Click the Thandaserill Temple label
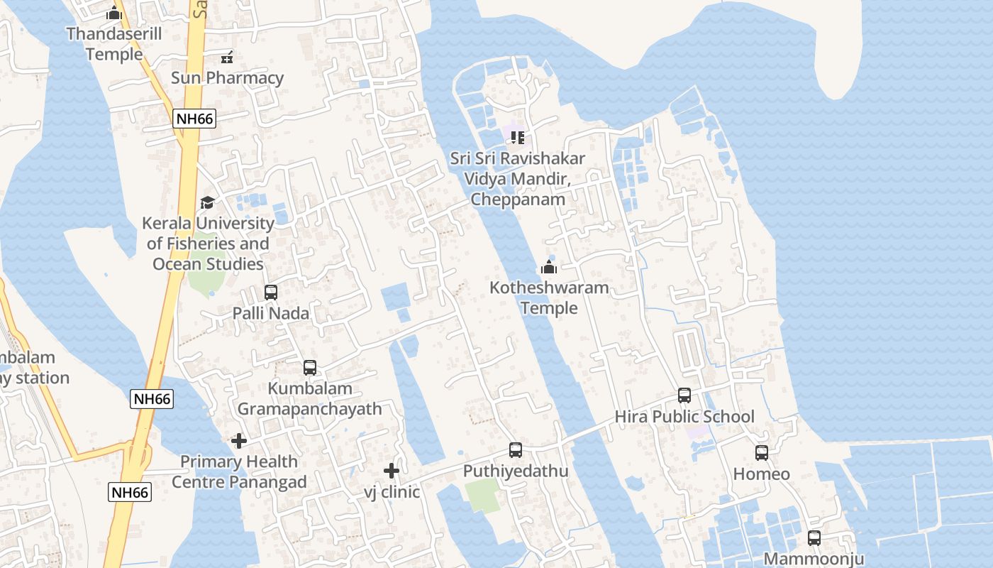point(114,43)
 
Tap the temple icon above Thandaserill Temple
point(114,13)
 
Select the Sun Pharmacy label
point(227,77)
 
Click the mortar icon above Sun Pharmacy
point(227,57)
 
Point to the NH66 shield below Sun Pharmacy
point(194,119)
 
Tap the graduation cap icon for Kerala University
point(207,203)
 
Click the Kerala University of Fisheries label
point(208,244)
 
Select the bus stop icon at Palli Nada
point(270,292)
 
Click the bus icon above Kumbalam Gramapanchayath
point(310,367)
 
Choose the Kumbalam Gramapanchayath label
point(309,398)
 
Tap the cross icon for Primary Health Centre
point(239,441)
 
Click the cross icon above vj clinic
point(391,471)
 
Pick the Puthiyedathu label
point(516,471)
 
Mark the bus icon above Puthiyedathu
point(516,449)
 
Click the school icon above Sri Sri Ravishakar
point(518,137)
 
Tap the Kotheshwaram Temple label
point(549,297)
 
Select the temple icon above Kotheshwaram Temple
point(548,268)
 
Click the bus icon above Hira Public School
point(684,395)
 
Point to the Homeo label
point(761,474)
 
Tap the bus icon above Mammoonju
point(814,537)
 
